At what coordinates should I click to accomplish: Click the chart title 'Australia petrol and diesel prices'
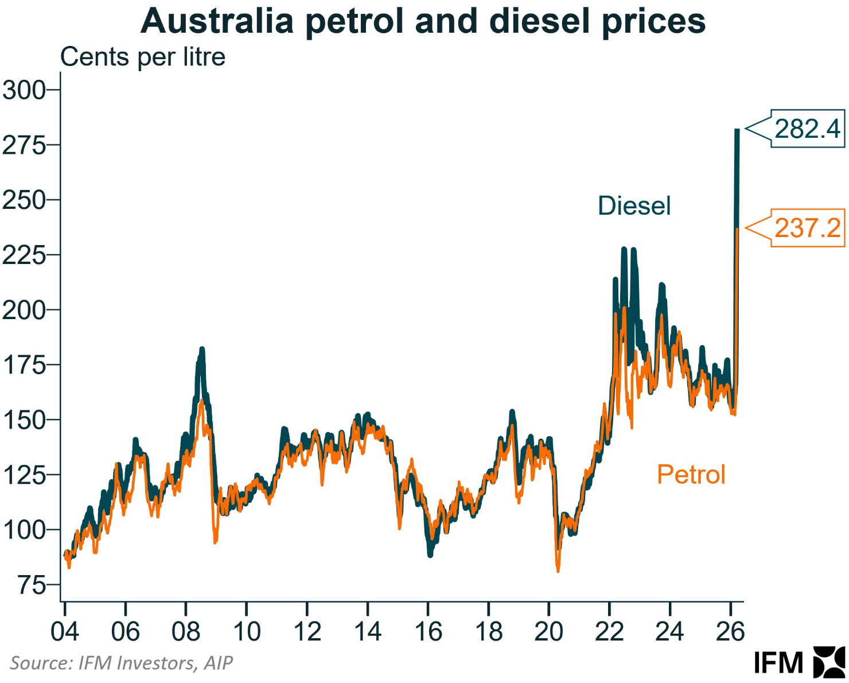(423, 22)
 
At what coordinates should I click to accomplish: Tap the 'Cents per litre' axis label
(143, 57)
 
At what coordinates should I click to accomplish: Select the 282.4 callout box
(807, 129)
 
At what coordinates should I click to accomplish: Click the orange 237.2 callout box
(807, 228)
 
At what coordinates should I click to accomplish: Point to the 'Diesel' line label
(634, 205)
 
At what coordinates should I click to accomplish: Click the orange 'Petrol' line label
(691, 475)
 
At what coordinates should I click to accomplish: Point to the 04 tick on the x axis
(64, 632)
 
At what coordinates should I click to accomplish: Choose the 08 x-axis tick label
(185, 632)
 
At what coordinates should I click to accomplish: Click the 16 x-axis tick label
(428, 632)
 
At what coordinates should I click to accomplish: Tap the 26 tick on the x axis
(730, 632)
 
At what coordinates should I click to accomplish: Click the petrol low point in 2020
(558, 569)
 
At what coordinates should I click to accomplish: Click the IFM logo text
(778, 663)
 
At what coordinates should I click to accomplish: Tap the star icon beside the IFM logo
(829, 662)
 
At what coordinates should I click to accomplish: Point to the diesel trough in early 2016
(430, 554)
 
